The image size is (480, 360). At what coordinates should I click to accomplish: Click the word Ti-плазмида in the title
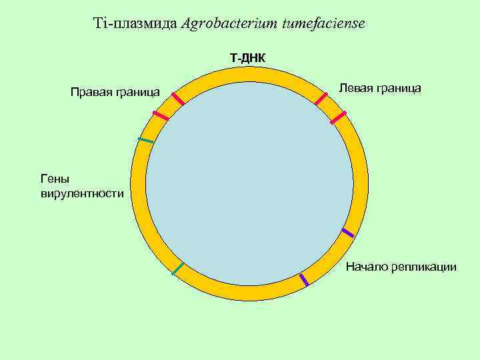pyautogui.click(x=136, y=24)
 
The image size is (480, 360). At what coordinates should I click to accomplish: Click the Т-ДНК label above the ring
pyautogui.click(x=247, y=59)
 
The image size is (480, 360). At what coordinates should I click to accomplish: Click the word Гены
pyautogui.click(x=54, y=178)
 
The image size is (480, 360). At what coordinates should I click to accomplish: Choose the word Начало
pyautogui.click(x=366, y=267)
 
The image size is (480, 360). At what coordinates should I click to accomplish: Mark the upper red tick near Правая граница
pyautogui.click(x=177, y=99)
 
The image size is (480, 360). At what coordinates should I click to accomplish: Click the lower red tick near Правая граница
pyautogui.click(x=161, y=115)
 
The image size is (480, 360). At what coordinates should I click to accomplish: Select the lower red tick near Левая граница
pyautogui.click(x=339, y=117)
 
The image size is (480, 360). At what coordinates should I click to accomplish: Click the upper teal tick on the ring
pyautogui.click(x=145, y=140)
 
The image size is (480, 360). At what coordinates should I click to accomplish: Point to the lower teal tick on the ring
pyautogui.click(x=177, y=269)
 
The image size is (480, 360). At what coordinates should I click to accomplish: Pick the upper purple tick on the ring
pyautogui.click(x=347, y=233)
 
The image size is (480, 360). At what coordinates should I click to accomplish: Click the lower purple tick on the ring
pyautogui.click(x=304, y=279)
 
